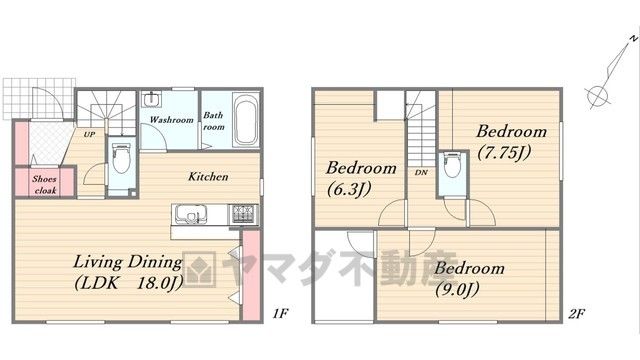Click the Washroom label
171,120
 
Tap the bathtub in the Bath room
245,119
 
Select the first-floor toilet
121,158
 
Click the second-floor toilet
452,165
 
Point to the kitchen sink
191,214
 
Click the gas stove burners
244,214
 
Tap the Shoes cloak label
45,184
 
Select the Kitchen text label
208,177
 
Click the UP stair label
89,134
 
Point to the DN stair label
421,173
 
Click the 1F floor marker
281,313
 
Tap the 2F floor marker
577,313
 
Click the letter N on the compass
633,39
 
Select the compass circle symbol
598,96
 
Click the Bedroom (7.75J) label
511,142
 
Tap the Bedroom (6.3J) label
361,179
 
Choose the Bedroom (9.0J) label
469,279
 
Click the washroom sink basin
151,99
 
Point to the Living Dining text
128,262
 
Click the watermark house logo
199,269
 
